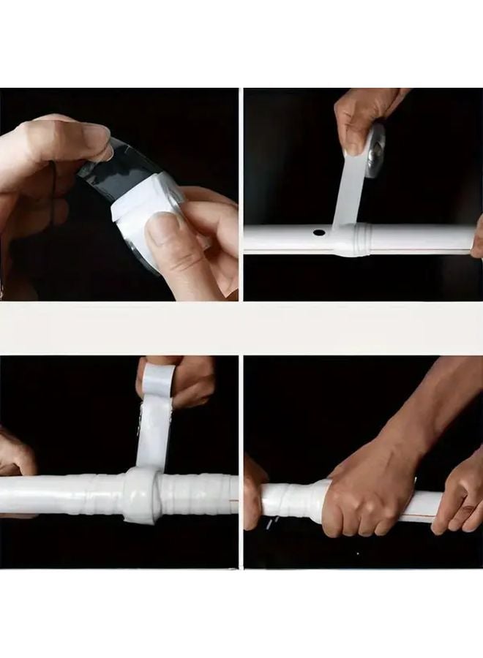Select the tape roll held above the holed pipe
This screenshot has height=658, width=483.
coord(375,145)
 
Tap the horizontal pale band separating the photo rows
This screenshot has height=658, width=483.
coord(241,328)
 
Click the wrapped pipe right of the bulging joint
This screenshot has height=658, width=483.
coord(198,493)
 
